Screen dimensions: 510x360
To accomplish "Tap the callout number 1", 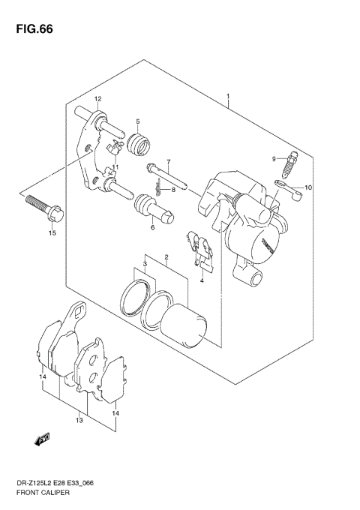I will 227,97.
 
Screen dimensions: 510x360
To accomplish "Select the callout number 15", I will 52,233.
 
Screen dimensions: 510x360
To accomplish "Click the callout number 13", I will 79,421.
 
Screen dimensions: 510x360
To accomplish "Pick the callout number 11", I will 115,167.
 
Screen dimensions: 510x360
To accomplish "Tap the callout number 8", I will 172,190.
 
